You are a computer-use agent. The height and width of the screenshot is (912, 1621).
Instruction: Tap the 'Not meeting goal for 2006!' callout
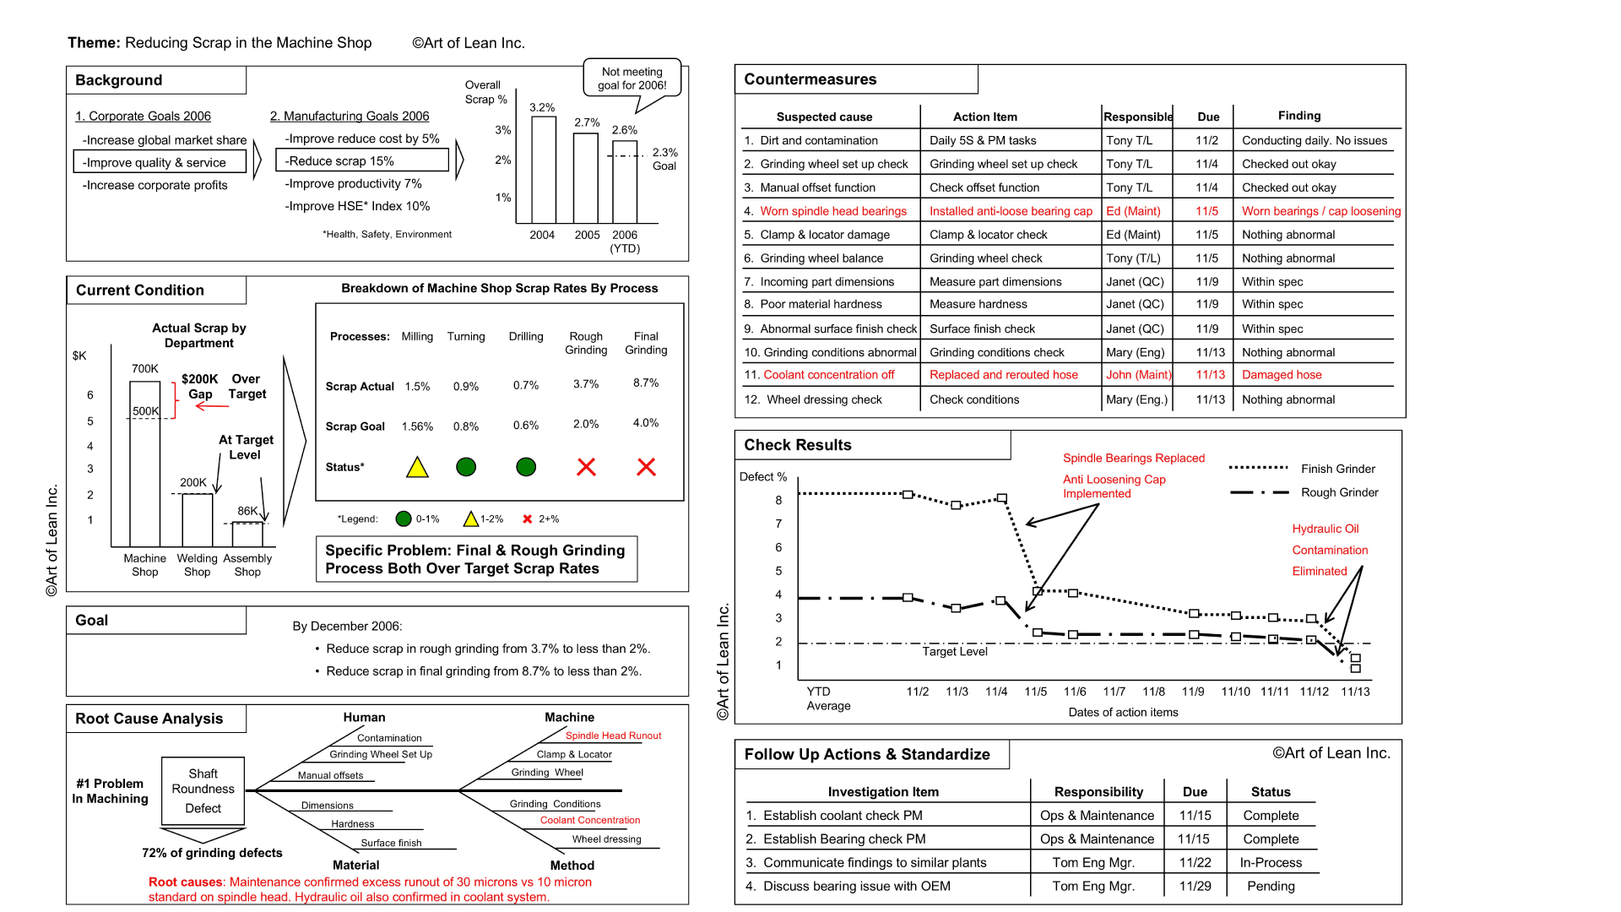click(x=632, y=79)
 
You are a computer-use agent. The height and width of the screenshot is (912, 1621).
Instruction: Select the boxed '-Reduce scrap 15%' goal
click(x=362, y=160)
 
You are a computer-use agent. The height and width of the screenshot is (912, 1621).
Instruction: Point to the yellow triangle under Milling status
click(x=417, y=468)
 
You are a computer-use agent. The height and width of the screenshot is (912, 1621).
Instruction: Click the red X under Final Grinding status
click(x=646, y=467)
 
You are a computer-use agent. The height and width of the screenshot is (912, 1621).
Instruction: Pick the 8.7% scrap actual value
click(x=646, y=383)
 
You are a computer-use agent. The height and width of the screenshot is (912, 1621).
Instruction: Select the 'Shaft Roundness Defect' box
click(x=203, y=790)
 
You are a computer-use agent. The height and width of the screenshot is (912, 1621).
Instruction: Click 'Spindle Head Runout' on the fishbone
click(x=613, y=736)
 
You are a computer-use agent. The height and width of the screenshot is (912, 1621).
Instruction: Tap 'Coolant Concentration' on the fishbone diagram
click(x=590, y=820)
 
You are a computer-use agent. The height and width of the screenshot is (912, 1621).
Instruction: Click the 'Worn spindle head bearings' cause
click(x=833, y=211)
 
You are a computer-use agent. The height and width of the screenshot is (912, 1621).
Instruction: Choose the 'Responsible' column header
click(x=1137, y=117)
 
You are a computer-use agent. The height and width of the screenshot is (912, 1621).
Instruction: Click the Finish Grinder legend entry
click(x=1337, y=469)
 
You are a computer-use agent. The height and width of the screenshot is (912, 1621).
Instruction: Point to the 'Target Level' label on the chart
click(x=955, y=652)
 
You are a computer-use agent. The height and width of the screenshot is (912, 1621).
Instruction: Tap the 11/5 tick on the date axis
click(x=1036, y=692)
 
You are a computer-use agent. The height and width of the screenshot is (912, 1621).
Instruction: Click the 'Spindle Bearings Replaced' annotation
click(x=1133, y=459)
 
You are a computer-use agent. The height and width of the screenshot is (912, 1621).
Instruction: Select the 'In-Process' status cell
click(x=1271, y=863)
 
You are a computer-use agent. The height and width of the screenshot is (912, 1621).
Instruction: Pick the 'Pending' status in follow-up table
click(x=1271, y=887)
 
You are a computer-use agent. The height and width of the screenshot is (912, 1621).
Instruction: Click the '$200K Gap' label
click(x=200, y=387)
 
